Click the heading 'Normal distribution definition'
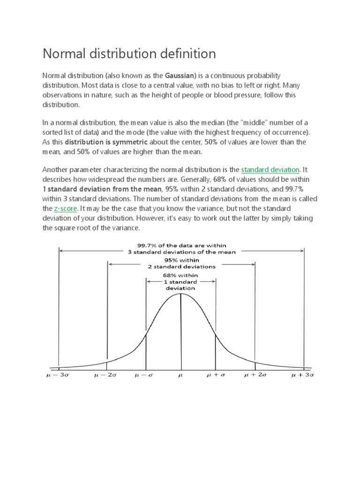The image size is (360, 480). tap(129, 54)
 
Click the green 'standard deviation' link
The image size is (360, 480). tap(270, 170)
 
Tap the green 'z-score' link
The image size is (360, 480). tap(65, 209)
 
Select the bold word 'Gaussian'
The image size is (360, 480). tap(180, 75)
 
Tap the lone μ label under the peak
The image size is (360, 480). tap(181, 375)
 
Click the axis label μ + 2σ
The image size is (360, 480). tap(256, 375)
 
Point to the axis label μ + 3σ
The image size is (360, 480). tap(302, 375)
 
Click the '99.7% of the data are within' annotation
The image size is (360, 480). tap(181, 245)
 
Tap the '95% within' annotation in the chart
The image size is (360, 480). tap(181, 260)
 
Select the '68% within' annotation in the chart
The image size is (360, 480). tap(181, 275)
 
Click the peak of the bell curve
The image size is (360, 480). tap(181, 294)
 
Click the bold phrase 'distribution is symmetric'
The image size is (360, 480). tap(106, 142)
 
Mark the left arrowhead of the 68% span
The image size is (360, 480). tap(148, 282)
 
